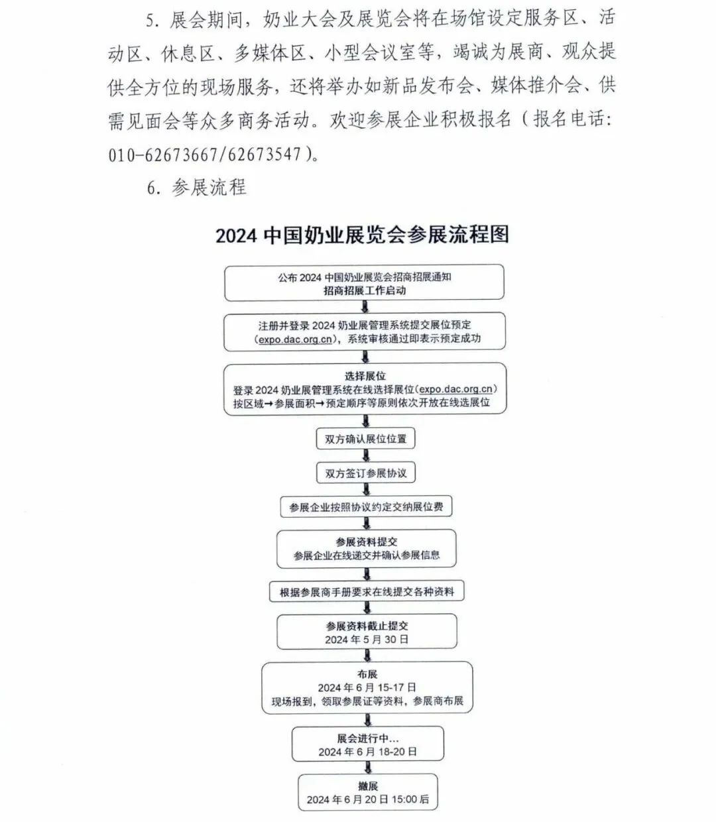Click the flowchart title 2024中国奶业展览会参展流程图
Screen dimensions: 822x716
point(363,235)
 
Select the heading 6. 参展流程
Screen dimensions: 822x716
point(197,188)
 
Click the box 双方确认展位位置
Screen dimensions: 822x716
point(366,439)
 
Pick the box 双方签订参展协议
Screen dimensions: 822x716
point(366,473)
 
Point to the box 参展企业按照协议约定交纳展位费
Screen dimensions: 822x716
point(366,507)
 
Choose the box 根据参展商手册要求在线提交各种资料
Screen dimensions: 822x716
point(367,592)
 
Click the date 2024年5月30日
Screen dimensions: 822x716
point(367,640)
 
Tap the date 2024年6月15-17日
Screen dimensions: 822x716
point(367,687)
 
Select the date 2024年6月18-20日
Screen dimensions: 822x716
point(367,752)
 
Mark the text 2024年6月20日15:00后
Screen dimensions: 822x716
point(367,799)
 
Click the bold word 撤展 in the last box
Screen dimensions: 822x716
point(367,786)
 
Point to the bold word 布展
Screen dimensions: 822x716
point(367,674)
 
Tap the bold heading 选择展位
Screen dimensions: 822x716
point(365,376)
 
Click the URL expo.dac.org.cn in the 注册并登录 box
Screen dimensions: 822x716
point(294,339)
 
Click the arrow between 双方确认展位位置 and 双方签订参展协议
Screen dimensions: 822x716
point(366,456)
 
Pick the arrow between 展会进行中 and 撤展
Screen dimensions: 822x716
point(368,768)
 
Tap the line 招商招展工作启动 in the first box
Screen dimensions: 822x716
point(365,290)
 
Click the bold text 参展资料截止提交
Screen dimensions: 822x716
point(367,626)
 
